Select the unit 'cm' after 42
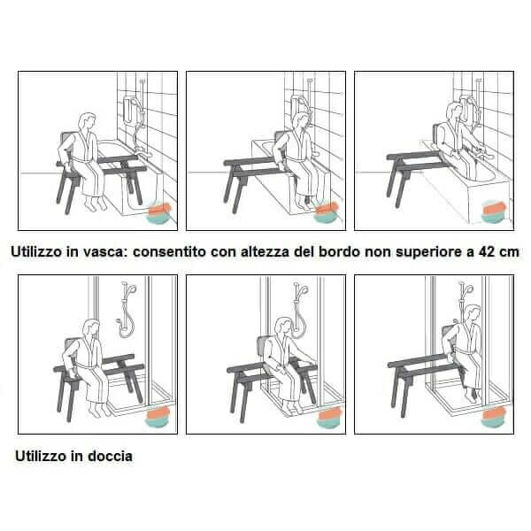point(507,251)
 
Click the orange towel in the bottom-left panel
point(159,412)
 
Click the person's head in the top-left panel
point(86,120)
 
